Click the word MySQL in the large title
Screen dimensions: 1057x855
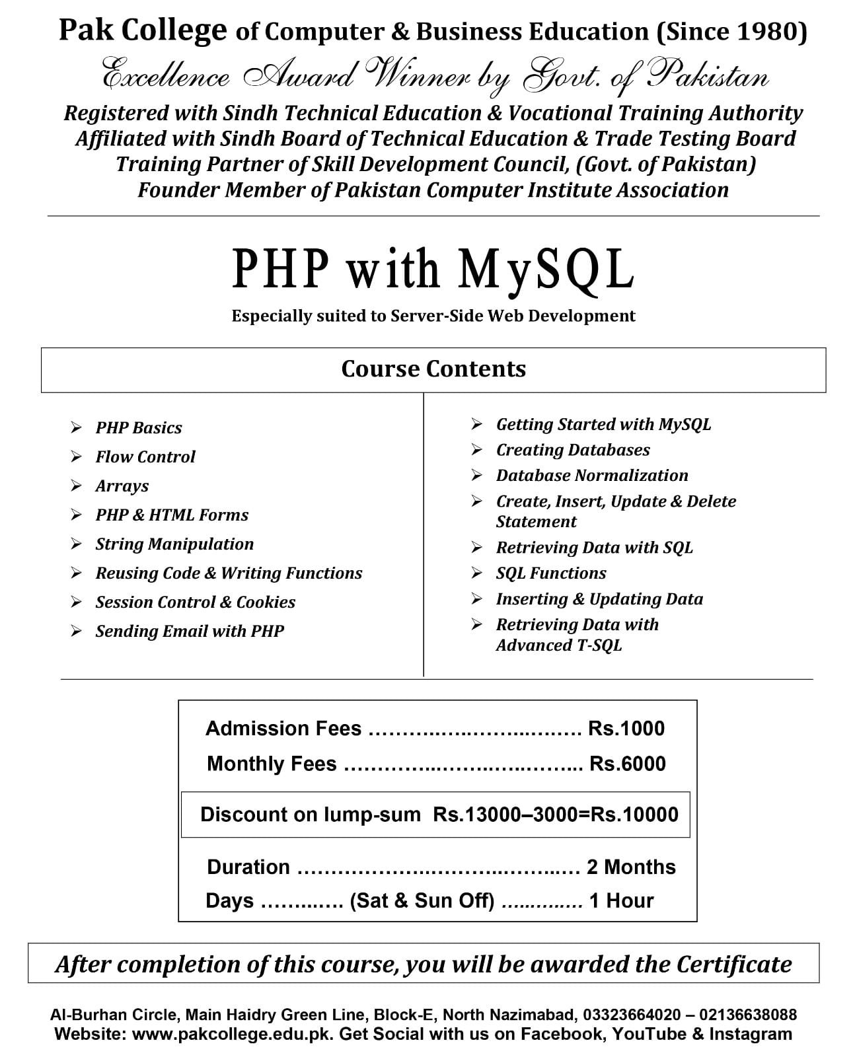click(546, 269)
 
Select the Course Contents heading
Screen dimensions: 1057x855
click(433, 369)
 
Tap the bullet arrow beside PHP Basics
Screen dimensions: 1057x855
click(77, 427)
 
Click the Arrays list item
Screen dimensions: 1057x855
click(122, 486)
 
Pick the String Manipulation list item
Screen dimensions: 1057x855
click(174, 544)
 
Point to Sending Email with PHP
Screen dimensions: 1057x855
click(190, 631)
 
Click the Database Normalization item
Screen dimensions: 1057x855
click(592, 475)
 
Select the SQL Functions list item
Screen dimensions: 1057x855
click(551, 573)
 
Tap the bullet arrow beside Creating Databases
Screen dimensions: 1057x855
click(477, 449)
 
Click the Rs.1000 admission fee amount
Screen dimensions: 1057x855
click(626, 728)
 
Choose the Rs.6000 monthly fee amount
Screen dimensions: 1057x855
click(628, 764)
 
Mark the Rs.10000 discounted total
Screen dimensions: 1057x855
click(634, 814)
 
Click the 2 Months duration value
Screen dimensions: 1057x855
click(631, 867)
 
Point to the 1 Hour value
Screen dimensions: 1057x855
click(621, 900)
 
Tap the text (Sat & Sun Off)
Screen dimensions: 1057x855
click(422, 900)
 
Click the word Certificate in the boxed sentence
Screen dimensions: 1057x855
click(733, 964)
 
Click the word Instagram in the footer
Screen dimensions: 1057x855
click(751, 1034)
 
